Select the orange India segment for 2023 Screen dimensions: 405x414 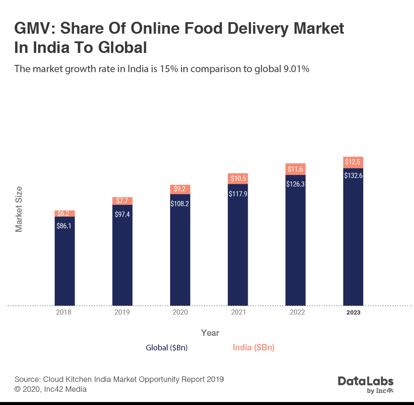pyautogui.click(x=353, y=162)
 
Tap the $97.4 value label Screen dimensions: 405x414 pyautogui.click(x=122, y=214)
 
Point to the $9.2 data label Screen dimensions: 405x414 pyautogui.click(x=180, y=188)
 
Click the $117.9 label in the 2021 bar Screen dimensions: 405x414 pyautogui.click(x=238, y=193)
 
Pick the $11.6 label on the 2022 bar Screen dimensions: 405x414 pyautogui.click(x=295, y=169)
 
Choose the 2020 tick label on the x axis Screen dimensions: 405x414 pyautogui.click(x=180, y=312)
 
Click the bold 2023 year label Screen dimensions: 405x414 pyautogui.click(x=353, y=312)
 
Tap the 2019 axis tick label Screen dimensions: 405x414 pyautogui.click(x=122, y=312)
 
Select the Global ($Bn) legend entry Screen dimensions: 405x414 pyautogui.click(x=167, y=348)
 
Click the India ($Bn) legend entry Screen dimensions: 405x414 pyautogui.click(x=254, y=348)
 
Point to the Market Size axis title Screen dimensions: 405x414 pyautogui.click(x=19, y=209)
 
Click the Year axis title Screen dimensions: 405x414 pyautogui.click(x=210, y=333)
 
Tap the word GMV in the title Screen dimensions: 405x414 pyautogui.click(x=33, y=29)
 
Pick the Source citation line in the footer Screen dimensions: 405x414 pyautogui.click(x=119, y=379)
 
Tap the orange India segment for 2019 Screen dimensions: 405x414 pyautogui.click(x=122, y=201)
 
